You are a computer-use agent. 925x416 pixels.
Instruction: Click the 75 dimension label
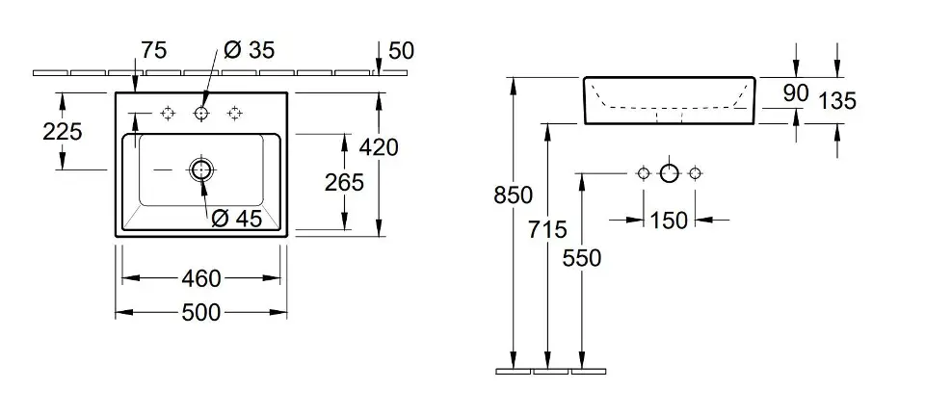154,50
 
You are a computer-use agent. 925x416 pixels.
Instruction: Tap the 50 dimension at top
400,50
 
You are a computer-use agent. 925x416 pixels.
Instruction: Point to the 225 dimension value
63,132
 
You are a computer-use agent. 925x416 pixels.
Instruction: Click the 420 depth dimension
378,146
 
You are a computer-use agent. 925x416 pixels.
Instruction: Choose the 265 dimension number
344,182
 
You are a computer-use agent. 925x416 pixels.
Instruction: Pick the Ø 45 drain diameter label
236,219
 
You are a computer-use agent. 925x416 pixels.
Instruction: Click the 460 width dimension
202,278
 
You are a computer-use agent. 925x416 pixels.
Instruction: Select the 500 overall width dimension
202,312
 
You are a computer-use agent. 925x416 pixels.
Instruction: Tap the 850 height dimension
513,195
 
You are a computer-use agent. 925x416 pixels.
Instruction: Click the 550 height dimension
582,258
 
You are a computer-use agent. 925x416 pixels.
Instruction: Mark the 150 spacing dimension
669,221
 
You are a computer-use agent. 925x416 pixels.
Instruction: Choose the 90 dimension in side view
796,93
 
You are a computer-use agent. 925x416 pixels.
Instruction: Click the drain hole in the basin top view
201,170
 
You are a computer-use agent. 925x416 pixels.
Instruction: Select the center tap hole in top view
201,114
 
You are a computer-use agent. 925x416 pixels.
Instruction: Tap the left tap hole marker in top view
168,114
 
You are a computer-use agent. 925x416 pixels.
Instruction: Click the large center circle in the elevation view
669,173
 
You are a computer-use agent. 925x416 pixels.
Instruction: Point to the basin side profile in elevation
669,101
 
